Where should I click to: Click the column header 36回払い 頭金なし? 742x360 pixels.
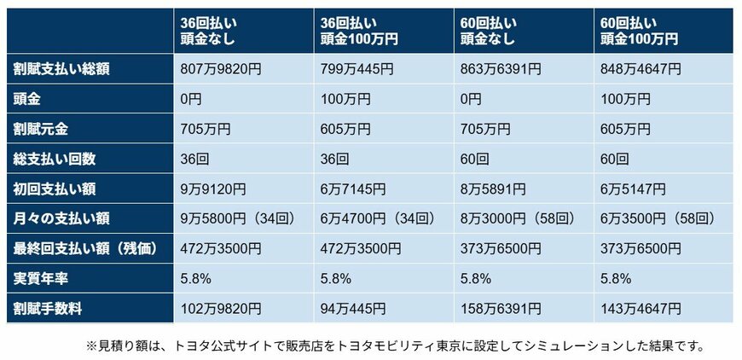click(x=206, y=31)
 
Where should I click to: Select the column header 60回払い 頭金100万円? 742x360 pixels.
click(x=640, y=31)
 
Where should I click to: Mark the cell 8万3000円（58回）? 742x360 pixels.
click(x=519, y=218)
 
